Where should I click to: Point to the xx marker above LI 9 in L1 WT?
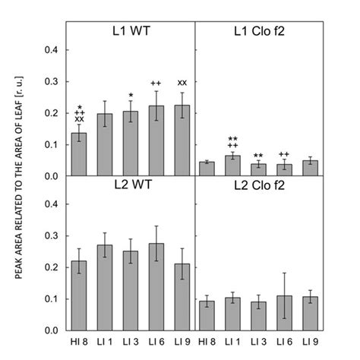[182, 83]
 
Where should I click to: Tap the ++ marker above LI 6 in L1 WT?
[156, 84]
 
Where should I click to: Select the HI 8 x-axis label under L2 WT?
[78, 342]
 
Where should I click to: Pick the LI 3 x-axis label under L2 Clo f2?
[260, 342]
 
